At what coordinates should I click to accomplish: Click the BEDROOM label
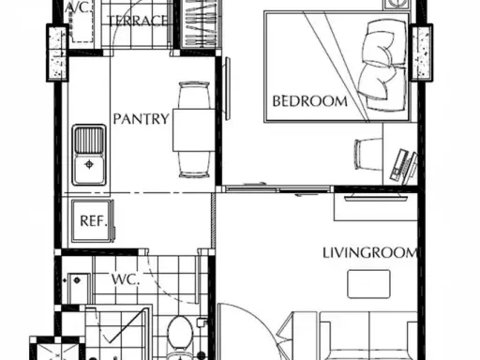309,101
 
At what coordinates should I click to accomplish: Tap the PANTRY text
141,119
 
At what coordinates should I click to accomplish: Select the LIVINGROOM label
370,252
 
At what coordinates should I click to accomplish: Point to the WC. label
126,279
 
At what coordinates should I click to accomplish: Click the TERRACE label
137,21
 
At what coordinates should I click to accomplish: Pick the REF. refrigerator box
92,221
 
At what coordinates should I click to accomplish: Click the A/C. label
79,7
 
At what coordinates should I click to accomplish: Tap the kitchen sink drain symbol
89,164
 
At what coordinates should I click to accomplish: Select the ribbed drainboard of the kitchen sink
89,140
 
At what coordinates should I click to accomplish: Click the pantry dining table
194,130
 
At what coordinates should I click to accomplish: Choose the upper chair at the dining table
194,96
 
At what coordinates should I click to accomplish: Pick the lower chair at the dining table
194,165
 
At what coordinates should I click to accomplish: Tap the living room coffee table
369,284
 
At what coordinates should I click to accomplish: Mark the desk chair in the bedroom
368,154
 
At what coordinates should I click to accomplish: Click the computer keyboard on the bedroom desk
399,165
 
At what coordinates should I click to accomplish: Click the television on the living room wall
376,198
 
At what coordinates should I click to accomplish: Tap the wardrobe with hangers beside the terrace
197,23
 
